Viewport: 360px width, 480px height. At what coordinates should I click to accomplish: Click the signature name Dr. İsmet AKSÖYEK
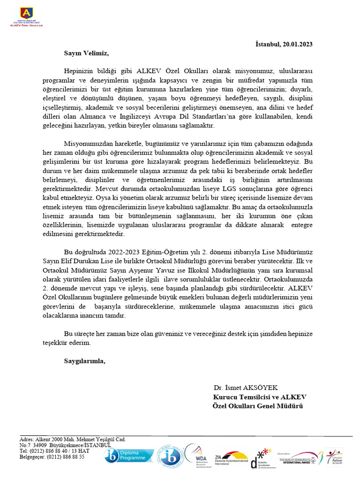(x=246, y=388)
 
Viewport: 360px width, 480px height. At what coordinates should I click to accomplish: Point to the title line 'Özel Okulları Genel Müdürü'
(x=258, y=405)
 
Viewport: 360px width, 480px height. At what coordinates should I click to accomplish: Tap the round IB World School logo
(x=168, y=455)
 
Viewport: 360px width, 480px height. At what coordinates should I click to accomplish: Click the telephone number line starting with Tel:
(x=54, y=450)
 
